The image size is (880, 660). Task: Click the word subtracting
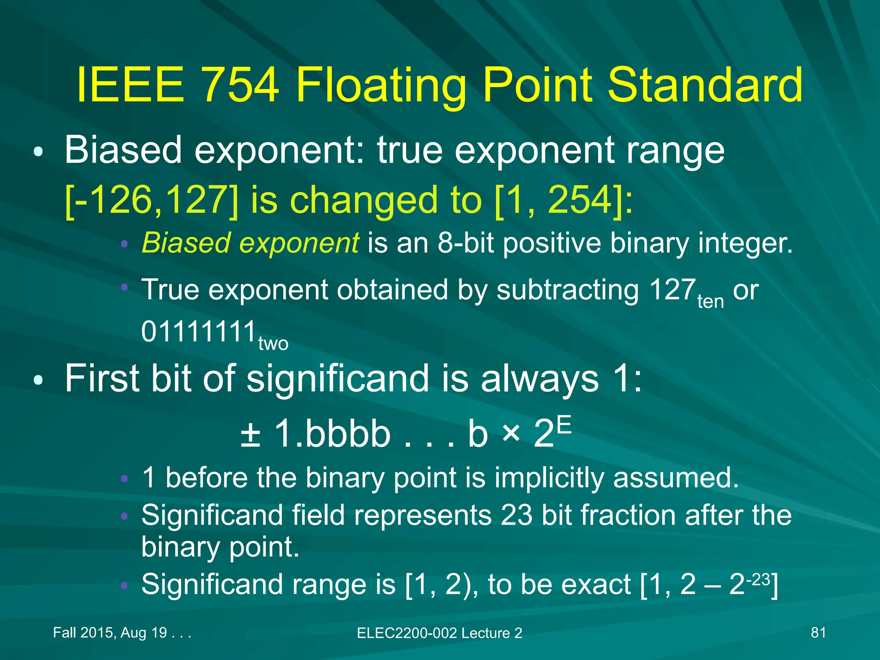[x=567, y=290]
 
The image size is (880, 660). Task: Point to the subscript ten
[x=711, y=302]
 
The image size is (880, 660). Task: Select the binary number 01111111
[x=199, y=332]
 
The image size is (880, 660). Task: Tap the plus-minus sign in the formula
[x=251, y=434]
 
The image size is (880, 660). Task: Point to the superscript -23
[x=758, y=580]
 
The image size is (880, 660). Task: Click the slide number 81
[x=818, y=632]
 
